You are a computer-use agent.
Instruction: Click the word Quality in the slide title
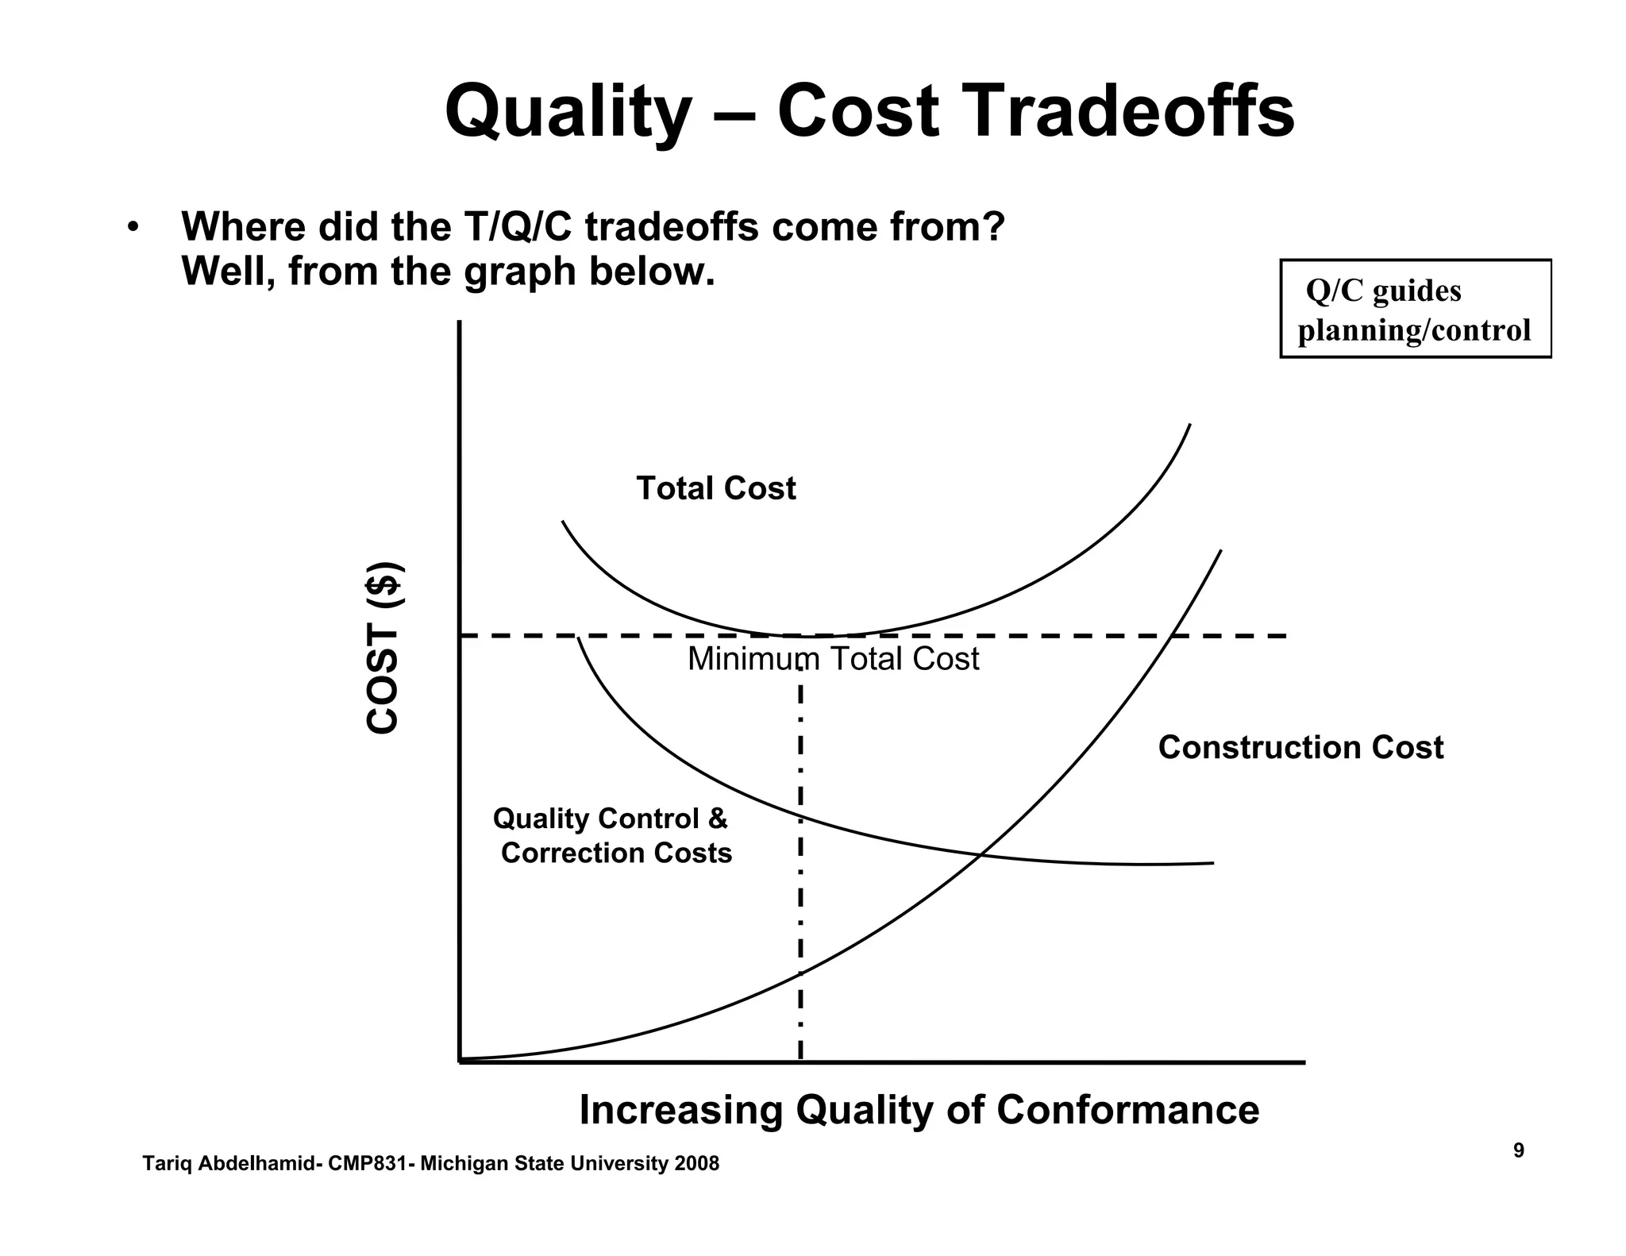(x=567, y=113)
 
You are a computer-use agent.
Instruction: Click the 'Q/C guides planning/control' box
(x=1415, y=309)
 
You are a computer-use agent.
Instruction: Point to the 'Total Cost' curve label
(x=715, y=488)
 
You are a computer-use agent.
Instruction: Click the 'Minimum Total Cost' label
(x=833, y=659)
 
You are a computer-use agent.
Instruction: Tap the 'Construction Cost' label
(x=1300, y=747)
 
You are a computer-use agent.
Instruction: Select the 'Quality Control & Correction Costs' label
(x=611, y=835)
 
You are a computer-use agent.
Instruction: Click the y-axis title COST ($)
(x=383, y=648)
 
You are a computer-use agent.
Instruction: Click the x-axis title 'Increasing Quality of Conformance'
(x=919, y=1109)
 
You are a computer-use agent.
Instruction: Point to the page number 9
(x=1518, y=1150)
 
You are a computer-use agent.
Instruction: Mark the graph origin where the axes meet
(x=460, y=1061)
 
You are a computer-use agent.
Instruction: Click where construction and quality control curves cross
(x=982, y=854)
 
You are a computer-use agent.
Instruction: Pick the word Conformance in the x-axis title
(x=1127, y=1109)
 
